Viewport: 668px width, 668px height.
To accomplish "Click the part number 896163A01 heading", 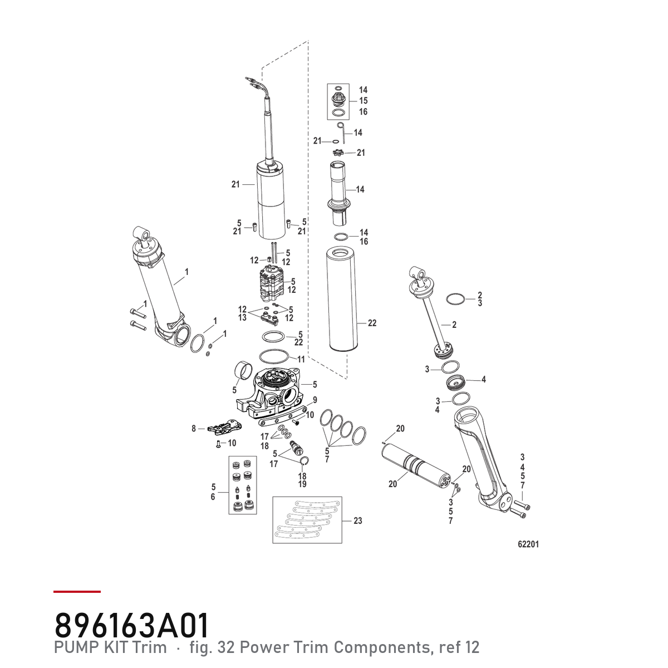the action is [132, 626].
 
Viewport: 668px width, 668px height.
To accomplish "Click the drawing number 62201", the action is [528, 544].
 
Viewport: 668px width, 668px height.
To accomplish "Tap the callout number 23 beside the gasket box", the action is [358, 520].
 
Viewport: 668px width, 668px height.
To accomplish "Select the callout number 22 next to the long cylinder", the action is [372, 323].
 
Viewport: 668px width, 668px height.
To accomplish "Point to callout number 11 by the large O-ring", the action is [301, 359].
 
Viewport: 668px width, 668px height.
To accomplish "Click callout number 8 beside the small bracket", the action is [194, 429].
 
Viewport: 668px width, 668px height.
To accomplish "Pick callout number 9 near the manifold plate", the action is [315, 400].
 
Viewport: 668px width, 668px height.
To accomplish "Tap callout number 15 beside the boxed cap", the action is [364, 101].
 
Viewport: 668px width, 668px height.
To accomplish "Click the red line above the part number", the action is [77, 592].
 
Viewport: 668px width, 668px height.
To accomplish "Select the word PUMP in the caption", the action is [73, 647].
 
